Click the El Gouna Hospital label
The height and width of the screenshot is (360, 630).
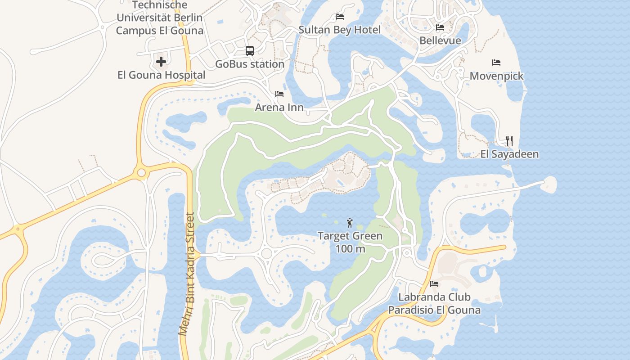point(161,75)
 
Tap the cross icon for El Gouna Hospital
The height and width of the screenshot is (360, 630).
point(161,62)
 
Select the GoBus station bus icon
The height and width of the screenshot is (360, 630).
point(250,51)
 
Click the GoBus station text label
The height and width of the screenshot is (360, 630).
point(250,64)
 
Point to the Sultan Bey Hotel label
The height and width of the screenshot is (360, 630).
point(340,30)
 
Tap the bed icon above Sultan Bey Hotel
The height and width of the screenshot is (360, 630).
point(340,17)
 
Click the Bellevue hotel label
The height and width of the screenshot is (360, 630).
point(440,40)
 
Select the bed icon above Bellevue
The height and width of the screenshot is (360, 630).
point(440,27)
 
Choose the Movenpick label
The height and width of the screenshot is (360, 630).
point(496,76)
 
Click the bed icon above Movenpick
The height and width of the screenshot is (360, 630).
point(496,63)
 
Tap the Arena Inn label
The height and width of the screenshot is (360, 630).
point(279,107)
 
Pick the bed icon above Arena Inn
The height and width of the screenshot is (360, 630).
point(279,94)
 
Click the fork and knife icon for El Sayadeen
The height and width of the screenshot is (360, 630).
point(509,141)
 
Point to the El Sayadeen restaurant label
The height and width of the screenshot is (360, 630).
point(509,154)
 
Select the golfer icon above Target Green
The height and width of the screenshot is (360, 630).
point(350,222)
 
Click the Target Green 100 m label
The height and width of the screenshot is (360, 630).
point(350,242)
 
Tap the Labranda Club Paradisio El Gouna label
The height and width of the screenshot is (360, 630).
point(434,303)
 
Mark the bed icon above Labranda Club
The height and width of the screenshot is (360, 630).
point(434,284)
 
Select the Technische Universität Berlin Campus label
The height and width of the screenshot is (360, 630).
point(160,18)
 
